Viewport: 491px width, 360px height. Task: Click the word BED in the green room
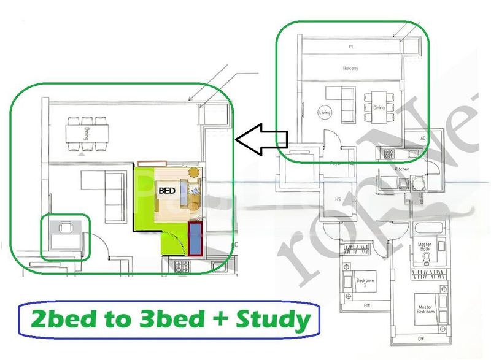pyautogui.click(x=168, y=191)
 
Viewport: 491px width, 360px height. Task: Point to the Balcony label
pyautogui.click(x=350, y=69)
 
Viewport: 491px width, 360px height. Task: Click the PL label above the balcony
pyautogui.click(x=351, y=46)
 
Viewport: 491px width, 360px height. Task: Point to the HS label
pyautogui.click(x=337, y=199)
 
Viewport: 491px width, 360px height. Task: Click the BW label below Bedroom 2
pyautogui.click(x=367, y=305)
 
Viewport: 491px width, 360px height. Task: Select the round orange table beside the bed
pyautogui.click(x=194, y=172)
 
